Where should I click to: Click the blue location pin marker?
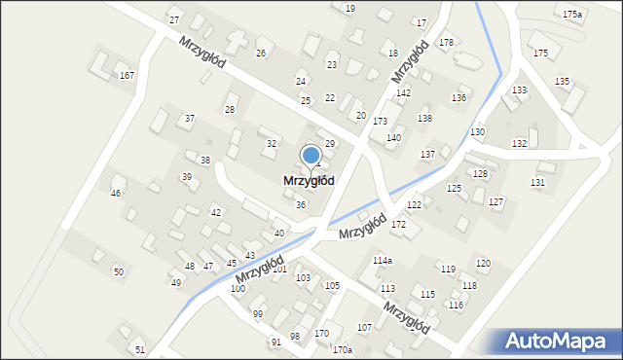click(311, 156)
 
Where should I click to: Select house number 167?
click(127, 75)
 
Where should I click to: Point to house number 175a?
click(572, 14)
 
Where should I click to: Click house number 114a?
click(383, 261)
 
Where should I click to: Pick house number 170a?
click(342, 349)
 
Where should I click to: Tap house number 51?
click(140, 349)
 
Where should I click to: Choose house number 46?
click(116, 194)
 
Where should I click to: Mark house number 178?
click(446, 42)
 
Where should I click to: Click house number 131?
click(537, 182)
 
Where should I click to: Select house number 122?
click(414, 204)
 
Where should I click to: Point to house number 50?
click(119, 271)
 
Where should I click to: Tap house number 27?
click(174, 19)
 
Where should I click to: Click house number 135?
click(562, 81)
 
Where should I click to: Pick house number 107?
click(365, 327)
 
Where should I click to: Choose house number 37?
click(190, 119)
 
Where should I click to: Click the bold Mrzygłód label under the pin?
click(310, 181)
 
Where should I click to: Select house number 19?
click(350, 8)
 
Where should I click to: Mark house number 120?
click(483, 264)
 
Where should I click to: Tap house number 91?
click(276, 342)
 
